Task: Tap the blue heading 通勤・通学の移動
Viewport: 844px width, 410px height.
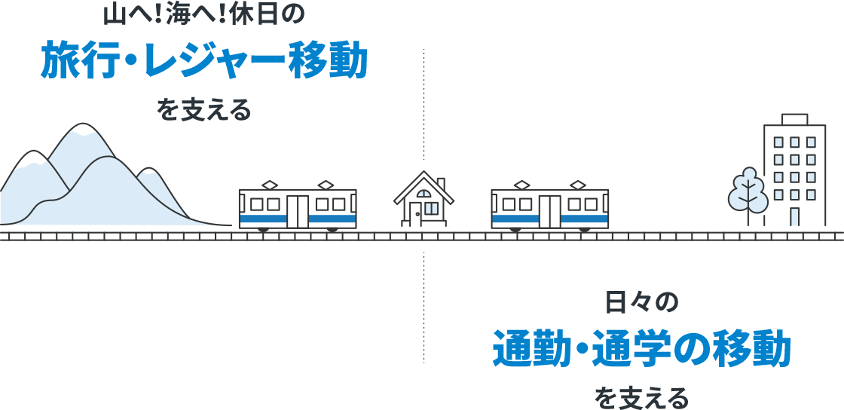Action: coord(641,350)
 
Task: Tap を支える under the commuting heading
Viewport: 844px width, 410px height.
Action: coord(641,398)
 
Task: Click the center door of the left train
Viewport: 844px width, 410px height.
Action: coord(298,212)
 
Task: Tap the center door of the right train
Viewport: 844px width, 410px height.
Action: coord(549,212)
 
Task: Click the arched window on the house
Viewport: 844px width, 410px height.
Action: coord(424,194)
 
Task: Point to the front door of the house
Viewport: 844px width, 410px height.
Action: coord(415,214)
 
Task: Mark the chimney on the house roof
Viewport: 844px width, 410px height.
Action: coord(441,184)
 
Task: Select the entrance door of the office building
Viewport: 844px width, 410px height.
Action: coord(794,217)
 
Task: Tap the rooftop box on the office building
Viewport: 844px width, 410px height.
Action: coord(794,119)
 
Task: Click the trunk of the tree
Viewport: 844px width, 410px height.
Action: coord(748,213)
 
